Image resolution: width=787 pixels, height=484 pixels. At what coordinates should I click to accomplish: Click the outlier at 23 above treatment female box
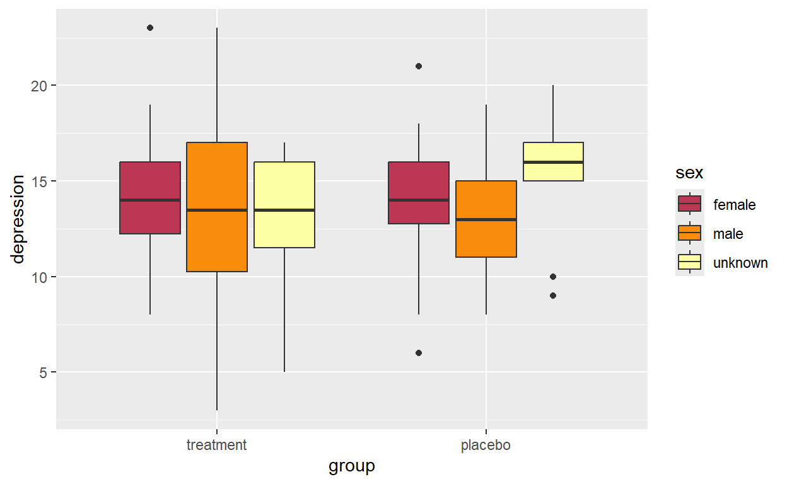tap(150, 28)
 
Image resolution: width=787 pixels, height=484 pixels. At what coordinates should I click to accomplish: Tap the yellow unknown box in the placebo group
tap(553, 161)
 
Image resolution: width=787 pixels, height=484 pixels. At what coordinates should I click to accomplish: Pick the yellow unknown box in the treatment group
tap(284, 204)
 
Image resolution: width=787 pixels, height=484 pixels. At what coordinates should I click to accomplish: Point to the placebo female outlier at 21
tap(419, 66)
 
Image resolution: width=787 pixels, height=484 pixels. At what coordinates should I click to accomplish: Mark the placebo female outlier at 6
tap(419, 353)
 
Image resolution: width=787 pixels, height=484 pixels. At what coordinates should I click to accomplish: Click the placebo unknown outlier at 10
tap(553, 277)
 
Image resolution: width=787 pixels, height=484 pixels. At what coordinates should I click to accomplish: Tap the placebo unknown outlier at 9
tap(553, 296)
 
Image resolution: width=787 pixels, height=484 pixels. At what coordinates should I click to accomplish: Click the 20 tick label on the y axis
tap(39, 86)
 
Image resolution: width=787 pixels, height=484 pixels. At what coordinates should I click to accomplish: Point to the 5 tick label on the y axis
tap(43, 372)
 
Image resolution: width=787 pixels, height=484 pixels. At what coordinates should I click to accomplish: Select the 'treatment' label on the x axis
tap(216, 446)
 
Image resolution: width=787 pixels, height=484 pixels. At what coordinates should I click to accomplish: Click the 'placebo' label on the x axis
tap(486, 446)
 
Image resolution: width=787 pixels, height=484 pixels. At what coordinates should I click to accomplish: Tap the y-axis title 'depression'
tap(18, 219)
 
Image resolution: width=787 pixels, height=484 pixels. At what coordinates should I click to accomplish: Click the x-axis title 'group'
tap(351, 466)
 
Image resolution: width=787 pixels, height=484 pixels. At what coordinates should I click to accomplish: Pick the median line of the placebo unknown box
tap(553, 162)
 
